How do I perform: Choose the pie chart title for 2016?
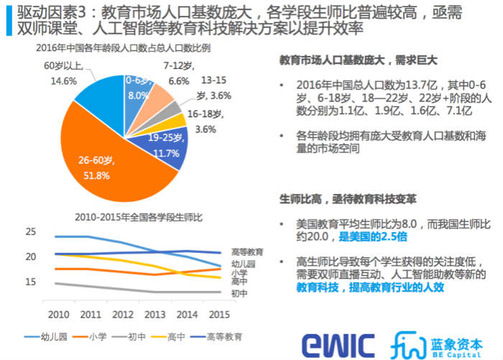coord(124,47)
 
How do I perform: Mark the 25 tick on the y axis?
coord(30,232)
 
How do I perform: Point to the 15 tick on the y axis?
coord(30,282)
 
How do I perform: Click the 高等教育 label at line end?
coord(246,252)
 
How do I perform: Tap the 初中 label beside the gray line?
coord(239,293)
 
